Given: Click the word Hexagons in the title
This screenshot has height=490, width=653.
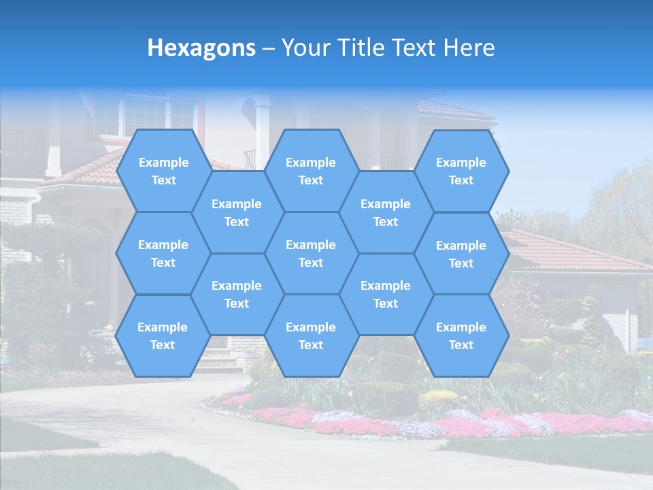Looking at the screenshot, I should (201, 48).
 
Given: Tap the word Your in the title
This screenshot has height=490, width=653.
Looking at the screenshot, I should (303, 48).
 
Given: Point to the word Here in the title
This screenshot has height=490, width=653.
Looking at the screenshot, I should (469, 48).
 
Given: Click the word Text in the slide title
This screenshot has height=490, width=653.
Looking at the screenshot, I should (414, 48).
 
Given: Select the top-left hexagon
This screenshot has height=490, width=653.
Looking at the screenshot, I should (163, 171).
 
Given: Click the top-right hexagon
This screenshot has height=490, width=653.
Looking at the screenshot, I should (461, 171).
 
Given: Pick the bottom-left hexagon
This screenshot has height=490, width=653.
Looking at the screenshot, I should (163, 336).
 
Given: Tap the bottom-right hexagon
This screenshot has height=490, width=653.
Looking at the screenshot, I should (461, 336).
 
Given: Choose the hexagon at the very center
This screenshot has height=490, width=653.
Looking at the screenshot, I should (311, 253).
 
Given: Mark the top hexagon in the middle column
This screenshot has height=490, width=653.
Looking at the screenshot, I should (311, 171).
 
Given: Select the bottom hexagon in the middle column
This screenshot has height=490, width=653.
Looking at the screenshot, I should (311, 336).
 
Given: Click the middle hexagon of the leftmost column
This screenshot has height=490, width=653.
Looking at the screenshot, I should (163, 253).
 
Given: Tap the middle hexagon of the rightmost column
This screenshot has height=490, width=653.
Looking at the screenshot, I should (461, 254).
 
